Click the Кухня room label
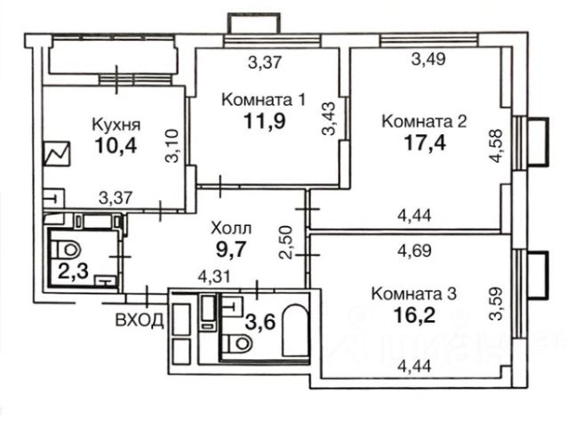click(x=116, y=125)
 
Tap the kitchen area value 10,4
click(x=116, y=146)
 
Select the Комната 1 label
click(x=263, y=100)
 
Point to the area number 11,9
click(x=265, y=121)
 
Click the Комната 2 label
click(x=424, y=122)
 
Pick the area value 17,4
click(x=425, y=143)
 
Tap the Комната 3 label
click(x=414, y=294)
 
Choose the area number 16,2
click(x=414, y=315)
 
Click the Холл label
click(x=231, y=229)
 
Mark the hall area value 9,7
click(x=231, y=249)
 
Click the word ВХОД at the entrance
click(x=140, y=320)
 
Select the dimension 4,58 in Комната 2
click(x=496, y=146)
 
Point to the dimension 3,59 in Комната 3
click(x=496, y=303)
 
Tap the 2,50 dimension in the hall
click(x=285, y=242)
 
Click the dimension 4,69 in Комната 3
click(x=414, y=251)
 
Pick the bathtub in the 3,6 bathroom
click(x=296, y=331)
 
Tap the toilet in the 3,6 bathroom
click(x=237, y=342)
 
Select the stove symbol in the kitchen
click(x=57, y=154)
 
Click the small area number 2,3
click(x=73, y=270)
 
